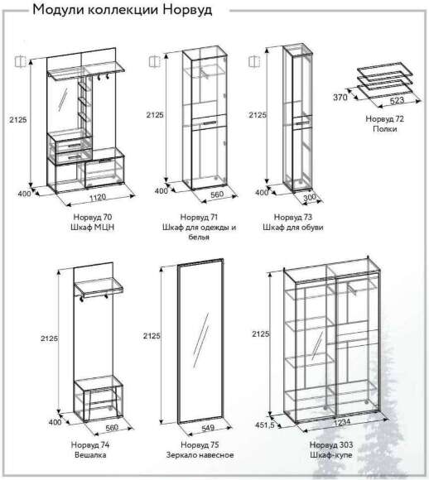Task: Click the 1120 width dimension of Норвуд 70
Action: click(x=98, y=197)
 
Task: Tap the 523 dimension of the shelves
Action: click(x=398, y=100)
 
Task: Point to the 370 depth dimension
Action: click(x=340, y=98)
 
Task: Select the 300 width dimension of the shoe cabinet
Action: click(x=310, y=198)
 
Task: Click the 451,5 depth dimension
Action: click(x=265, y=425)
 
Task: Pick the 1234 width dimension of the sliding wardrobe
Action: click(x=342, y=422)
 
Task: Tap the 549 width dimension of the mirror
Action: click(x=208, y=427)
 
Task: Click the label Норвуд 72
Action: click(x=384, y=119)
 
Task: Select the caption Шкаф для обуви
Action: click(x=293, y=228)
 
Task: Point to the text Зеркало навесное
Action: click(x=200, y=455)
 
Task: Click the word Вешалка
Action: click(x=90, y=455)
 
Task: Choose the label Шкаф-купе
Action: click(x=331, y=455)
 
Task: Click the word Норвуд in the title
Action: click(x=187, y=10)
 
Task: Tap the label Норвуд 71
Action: click(x=199, y=217)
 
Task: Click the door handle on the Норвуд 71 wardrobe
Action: click(x=209, y=123)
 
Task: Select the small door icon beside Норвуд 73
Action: click(x=254, y=61)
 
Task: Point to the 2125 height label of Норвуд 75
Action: click(x=152, y=336)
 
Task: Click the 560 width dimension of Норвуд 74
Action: click(x=112, y=427)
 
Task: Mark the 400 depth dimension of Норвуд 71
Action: click(x=161, y=191)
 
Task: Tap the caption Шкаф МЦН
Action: click(x=93, y=228)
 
